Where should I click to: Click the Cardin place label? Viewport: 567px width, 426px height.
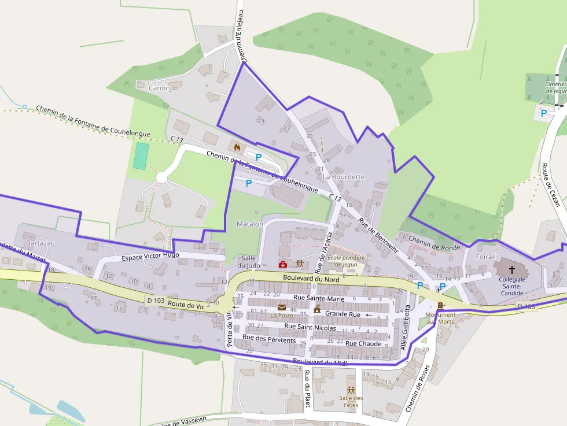[x=159, y=88]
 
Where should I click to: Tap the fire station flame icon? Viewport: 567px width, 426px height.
[x=237, y=147]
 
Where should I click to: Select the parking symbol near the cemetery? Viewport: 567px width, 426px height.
[x=543, y=113]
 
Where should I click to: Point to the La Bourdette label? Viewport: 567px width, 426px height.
[x=344, y=176]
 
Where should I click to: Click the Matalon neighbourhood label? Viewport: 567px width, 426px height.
[x=250, y=224]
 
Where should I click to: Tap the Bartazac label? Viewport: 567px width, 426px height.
[x=40, y=243]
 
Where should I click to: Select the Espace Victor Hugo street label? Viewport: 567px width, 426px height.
[x=150, y=255]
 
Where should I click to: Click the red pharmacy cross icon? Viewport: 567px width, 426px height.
[x=282, y=264]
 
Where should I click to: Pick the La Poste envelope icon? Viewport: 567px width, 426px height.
[x=282, y=308]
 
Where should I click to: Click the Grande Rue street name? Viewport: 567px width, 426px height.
[x=343, y=314]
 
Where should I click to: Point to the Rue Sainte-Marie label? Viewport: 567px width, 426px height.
[x=319, y=298]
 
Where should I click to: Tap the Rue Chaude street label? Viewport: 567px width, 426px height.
[x=363, y=343]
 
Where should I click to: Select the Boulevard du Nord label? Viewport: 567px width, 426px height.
[x=311, y=279]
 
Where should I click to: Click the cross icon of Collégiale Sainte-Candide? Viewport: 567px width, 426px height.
[x=511, y=269]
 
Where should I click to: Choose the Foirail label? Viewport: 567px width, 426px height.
[x=485, y=257]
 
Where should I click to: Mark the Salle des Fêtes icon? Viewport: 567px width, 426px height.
[x=351, y=390]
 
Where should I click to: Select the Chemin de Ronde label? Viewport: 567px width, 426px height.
[x=434, y=243]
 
